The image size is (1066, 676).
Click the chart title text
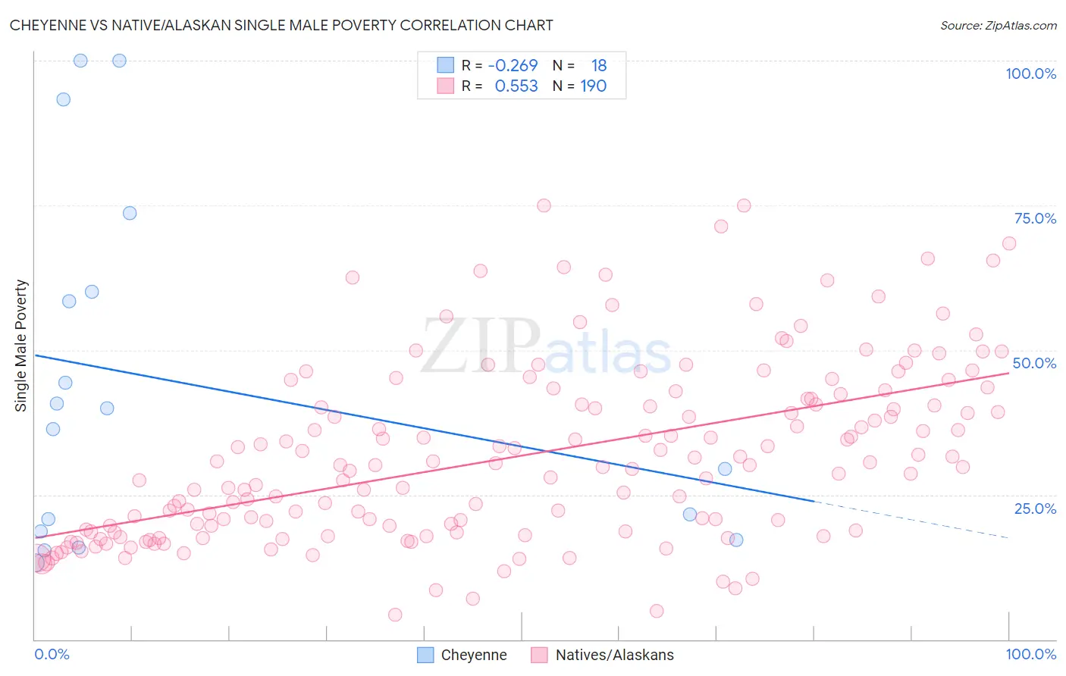[281, 25]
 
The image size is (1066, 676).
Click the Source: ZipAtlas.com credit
[998, 25]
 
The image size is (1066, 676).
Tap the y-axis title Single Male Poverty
[21, 346]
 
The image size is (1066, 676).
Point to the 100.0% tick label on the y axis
[1030, 74]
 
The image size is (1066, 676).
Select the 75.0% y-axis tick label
[1035, 218]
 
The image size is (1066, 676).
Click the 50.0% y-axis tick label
[1034, 363]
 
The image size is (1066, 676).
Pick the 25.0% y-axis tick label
[1035, 508]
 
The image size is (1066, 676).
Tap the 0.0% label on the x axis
[52, 654]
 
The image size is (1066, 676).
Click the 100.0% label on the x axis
[1030, 654]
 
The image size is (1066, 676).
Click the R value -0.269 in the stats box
[513, 66]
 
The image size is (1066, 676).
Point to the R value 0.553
[516, 86]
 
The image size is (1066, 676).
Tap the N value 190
[594, 86]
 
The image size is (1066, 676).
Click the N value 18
[599, 66]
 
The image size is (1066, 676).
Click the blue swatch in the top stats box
[445, 65]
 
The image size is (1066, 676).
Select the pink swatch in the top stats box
[445, 86]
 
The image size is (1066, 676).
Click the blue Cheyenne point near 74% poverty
[130, 213]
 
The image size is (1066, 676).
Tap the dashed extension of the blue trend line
[910, 519]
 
